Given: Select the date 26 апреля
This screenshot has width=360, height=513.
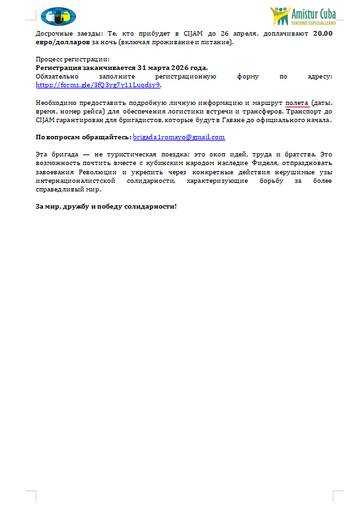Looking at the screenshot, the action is coord(236,33).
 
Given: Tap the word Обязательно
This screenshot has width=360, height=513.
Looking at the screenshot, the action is coord(55,76).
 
